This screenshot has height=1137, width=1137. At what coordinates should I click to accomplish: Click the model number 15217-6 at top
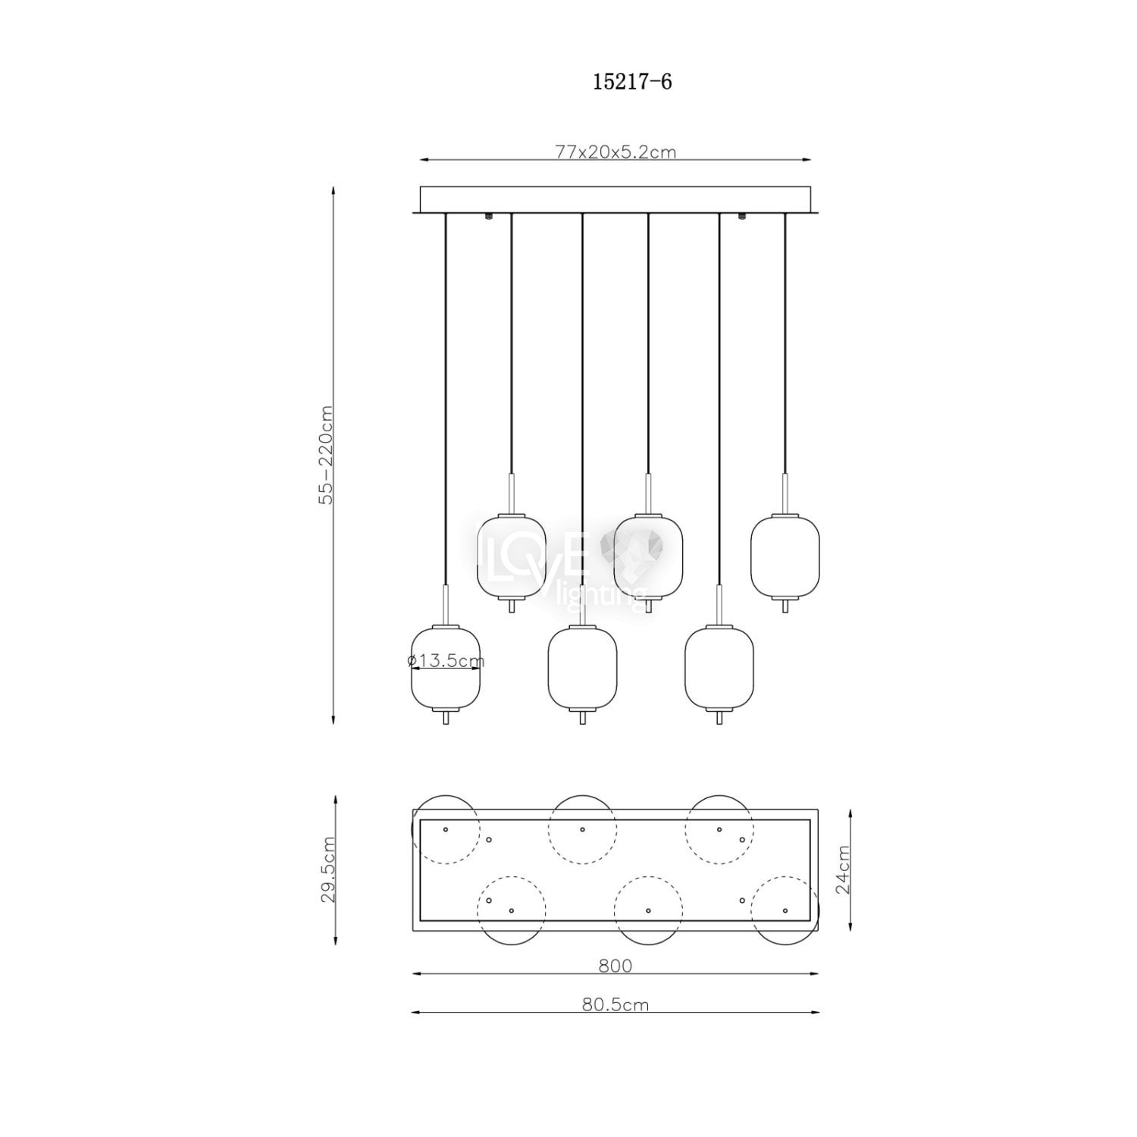632,82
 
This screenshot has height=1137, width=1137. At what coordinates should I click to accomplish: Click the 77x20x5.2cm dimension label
615,152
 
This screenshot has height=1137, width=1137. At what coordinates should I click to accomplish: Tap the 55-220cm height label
326,455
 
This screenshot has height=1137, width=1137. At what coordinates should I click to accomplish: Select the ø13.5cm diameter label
446,661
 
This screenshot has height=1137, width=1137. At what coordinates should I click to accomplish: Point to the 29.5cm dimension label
328,869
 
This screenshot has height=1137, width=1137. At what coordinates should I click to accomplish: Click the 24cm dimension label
842,870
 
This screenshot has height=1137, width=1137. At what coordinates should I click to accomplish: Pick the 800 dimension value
615,966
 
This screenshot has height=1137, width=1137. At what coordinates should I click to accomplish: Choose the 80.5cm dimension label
615,1005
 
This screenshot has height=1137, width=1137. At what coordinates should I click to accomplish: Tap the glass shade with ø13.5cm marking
445,668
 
